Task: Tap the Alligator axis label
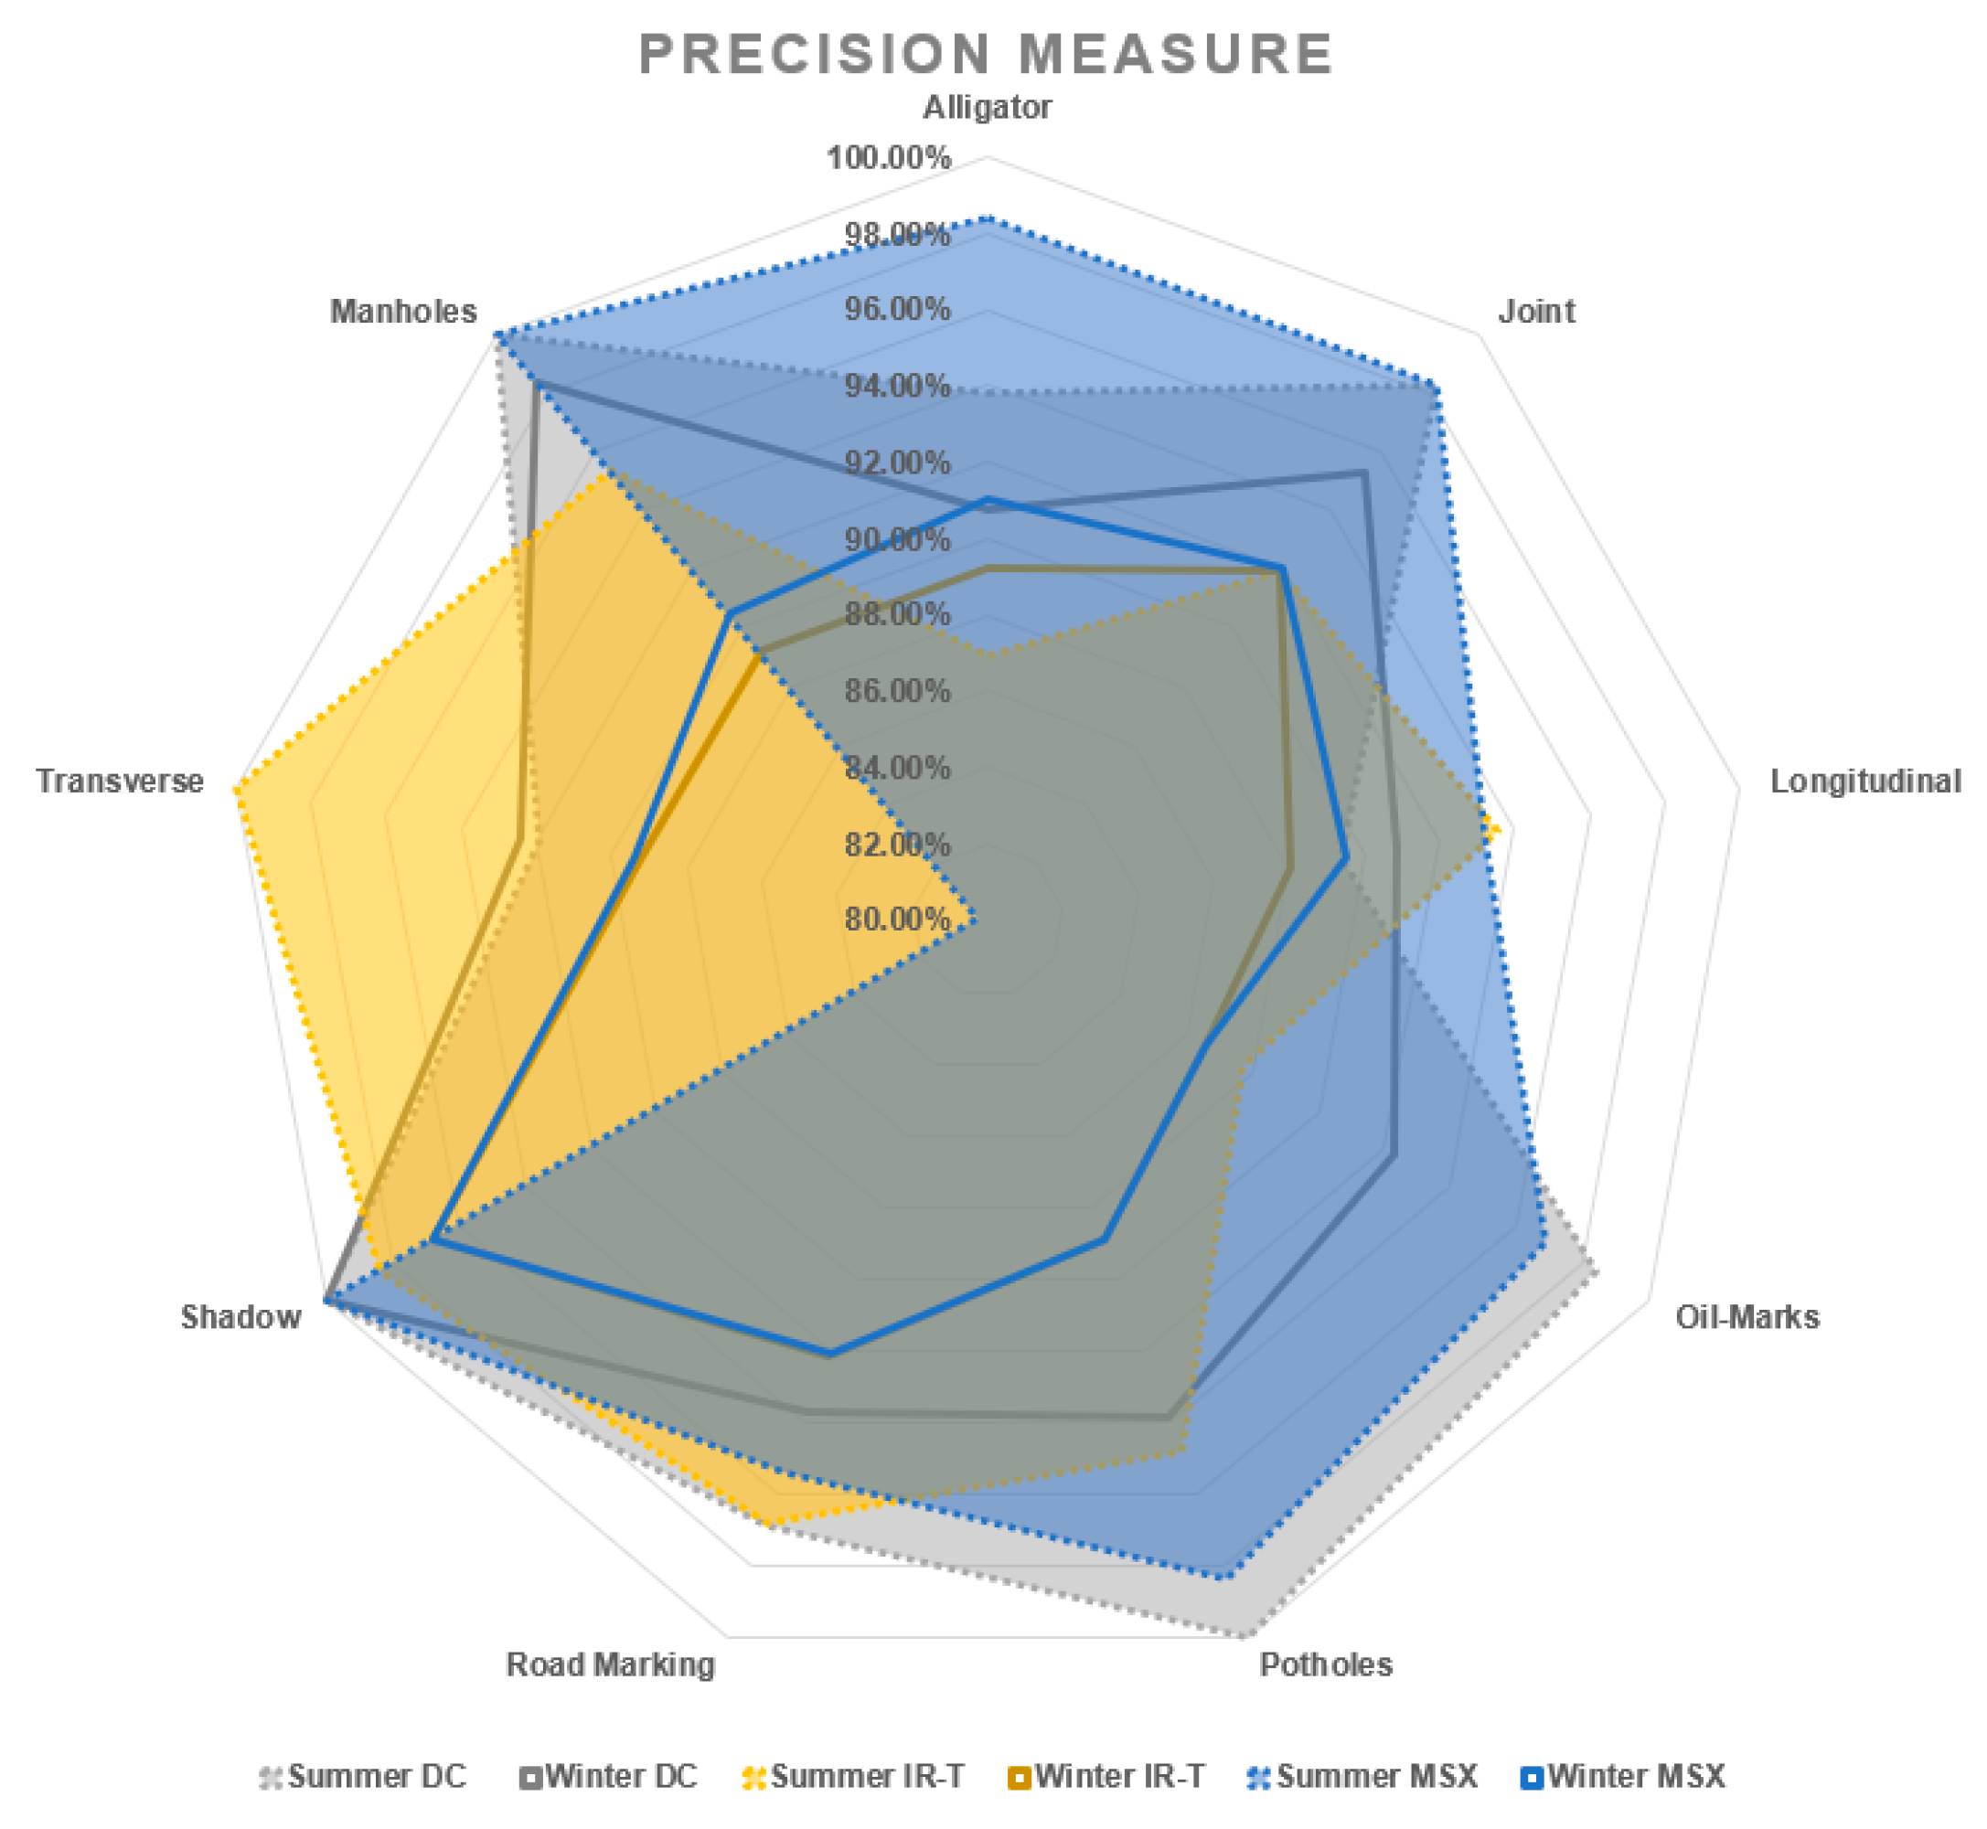point(986,107)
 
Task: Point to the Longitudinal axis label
point(1864,782)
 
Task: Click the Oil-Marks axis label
point(1747,1317)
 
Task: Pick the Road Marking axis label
point(610,1665)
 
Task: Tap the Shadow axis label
point(240,1317)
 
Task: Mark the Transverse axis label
point(120,782)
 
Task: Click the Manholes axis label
point(403,312)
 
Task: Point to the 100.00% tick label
point(889,157)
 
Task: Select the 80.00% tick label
point(897,920)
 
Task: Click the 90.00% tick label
point(897,539)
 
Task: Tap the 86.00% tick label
point(897,691)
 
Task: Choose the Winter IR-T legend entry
point(1106,1777)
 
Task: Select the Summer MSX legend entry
point(1362,1777)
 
